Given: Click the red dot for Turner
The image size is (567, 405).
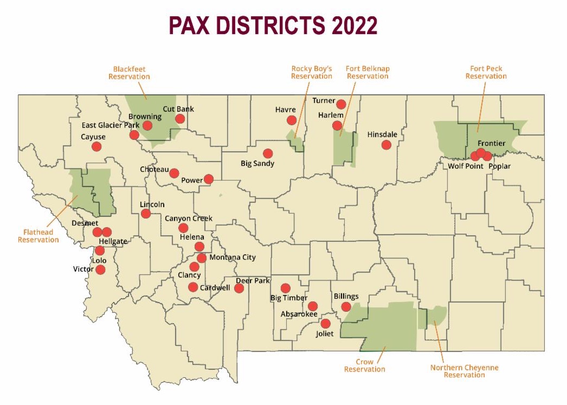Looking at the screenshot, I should click(x=341, y=104).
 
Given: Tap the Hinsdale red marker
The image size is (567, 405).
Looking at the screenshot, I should click(x=386, y=145).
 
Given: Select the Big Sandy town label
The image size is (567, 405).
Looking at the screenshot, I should click(x=257, y=163).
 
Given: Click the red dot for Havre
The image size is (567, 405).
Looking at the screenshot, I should click(x=292, y=120).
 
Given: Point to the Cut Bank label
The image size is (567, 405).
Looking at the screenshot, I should click(x=178, y=109).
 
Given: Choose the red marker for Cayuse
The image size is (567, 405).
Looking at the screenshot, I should click(x=96, y=146).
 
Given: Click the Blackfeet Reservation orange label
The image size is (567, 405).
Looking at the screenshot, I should click(x=129, y=73).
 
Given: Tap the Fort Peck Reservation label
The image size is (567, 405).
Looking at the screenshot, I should click(x=486, y=73).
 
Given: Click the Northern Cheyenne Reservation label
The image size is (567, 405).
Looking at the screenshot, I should click(x=464, y=371).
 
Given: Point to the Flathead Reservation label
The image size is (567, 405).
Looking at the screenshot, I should click(x=38, y=236).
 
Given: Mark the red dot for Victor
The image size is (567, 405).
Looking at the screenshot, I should click(x=100, y=269).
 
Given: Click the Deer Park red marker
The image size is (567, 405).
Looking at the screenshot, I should click(x=239, y=288).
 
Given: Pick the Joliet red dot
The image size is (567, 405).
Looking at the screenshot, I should click(x=325, y=324).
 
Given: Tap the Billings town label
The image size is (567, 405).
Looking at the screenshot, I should click(x=346, y=297).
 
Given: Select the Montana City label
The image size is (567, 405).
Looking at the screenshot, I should click(x=232, y=258).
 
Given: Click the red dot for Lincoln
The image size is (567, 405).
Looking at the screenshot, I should click(x=146, y=214).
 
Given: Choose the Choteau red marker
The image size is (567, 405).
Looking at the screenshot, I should click(x=174, y=173).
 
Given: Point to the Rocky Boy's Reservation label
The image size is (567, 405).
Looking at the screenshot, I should click(x=312, y=73).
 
